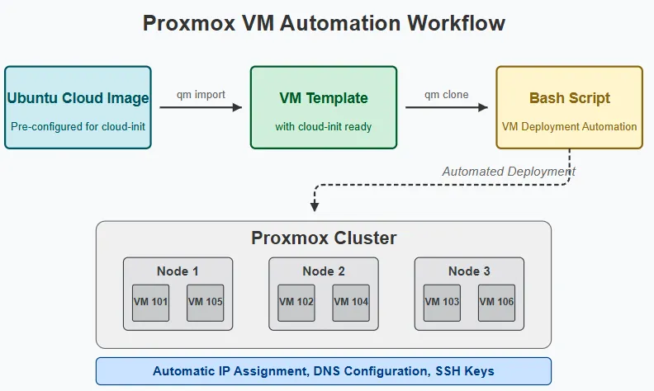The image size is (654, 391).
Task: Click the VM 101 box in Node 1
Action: point(150,303)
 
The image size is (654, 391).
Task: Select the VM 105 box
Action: point(206,303)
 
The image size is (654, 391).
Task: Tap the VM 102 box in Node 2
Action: point(296,303)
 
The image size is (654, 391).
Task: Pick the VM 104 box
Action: point(351,303)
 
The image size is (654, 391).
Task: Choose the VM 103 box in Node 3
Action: point(442,303)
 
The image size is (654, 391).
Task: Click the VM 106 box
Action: point(496,303)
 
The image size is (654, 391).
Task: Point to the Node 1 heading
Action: point(178,271)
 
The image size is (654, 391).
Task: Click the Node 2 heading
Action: point(324,271)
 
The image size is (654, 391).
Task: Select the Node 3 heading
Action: point(469,271)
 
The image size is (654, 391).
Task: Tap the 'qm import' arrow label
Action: point(201,95)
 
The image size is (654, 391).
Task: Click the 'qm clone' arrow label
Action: point(447,95)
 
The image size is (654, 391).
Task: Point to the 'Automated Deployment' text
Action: point(509,172)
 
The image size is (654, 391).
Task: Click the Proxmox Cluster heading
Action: point(324,238)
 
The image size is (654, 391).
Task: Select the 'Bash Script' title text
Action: point(570,98)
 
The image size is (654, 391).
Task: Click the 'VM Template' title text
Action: point(324,98)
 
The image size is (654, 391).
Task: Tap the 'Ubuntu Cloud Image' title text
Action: point(78,98)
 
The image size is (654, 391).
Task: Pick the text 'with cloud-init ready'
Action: point(324,127)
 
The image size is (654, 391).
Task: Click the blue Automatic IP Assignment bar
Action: point(324,371)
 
